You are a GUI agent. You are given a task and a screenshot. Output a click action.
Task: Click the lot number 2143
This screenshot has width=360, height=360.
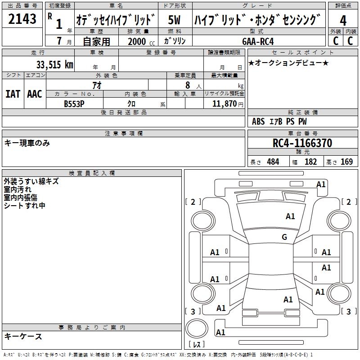(x=22, y=19)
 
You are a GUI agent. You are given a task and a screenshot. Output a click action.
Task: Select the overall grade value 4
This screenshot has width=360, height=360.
(x=343, y=21)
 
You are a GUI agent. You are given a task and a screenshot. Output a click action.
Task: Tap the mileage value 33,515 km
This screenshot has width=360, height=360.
(x=54, y=64)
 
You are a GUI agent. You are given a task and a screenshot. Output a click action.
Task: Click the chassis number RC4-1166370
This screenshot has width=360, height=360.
(x=302, y=143)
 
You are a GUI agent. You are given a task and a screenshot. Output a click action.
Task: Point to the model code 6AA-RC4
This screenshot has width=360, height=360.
(x=258, y=41)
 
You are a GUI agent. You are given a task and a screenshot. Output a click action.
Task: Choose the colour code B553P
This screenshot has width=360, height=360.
(x=74, y=104)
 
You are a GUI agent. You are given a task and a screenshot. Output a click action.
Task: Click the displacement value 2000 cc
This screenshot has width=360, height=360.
(x=141, y=41)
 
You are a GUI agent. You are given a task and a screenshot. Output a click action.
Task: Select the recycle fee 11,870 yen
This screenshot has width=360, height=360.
(x=228, y=104)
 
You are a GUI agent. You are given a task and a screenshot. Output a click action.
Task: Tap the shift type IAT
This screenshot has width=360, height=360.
(x=13, y=94)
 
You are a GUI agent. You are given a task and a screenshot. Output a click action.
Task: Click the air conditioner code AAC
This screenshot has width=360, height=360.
(x=35, y=94)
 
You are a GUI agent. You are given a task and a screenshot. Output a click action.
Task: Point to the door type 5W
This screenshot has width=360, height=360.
(x=174, y=20)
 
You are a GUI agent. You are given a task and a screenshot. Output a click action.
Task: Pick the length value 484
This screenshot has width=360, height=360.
(x=273, y=162)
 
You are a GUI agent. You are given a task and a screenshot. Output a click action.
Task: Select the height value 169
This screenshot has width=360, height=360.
(x=346, y=162)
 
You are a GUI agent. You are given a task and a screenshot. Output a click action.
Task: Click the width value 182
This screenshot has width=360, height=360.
(x=310, y=162)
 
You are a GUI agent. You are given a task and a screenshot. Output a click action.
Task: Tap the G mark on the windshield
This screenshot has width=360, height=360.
(x=284, y=237)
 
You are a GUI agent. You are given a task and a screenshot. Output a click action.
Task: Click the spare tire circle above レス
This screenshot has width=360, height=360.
(x=197, y=328)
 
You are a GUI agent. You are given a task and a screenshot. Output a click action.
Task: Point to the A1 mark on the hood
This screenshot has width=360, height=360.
(x=290, y=216)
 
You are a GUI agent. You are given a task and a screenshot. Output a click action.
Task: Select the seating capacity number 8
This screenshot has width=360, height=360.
(x=188, y=85)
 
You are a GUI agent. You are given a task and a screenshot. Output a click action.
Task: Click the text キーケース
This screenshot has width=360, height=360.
(x=23, y=336)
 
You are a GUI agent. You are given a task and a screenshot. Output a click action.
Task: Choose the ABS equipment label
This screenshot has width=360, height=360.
(x=258, y=121)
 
